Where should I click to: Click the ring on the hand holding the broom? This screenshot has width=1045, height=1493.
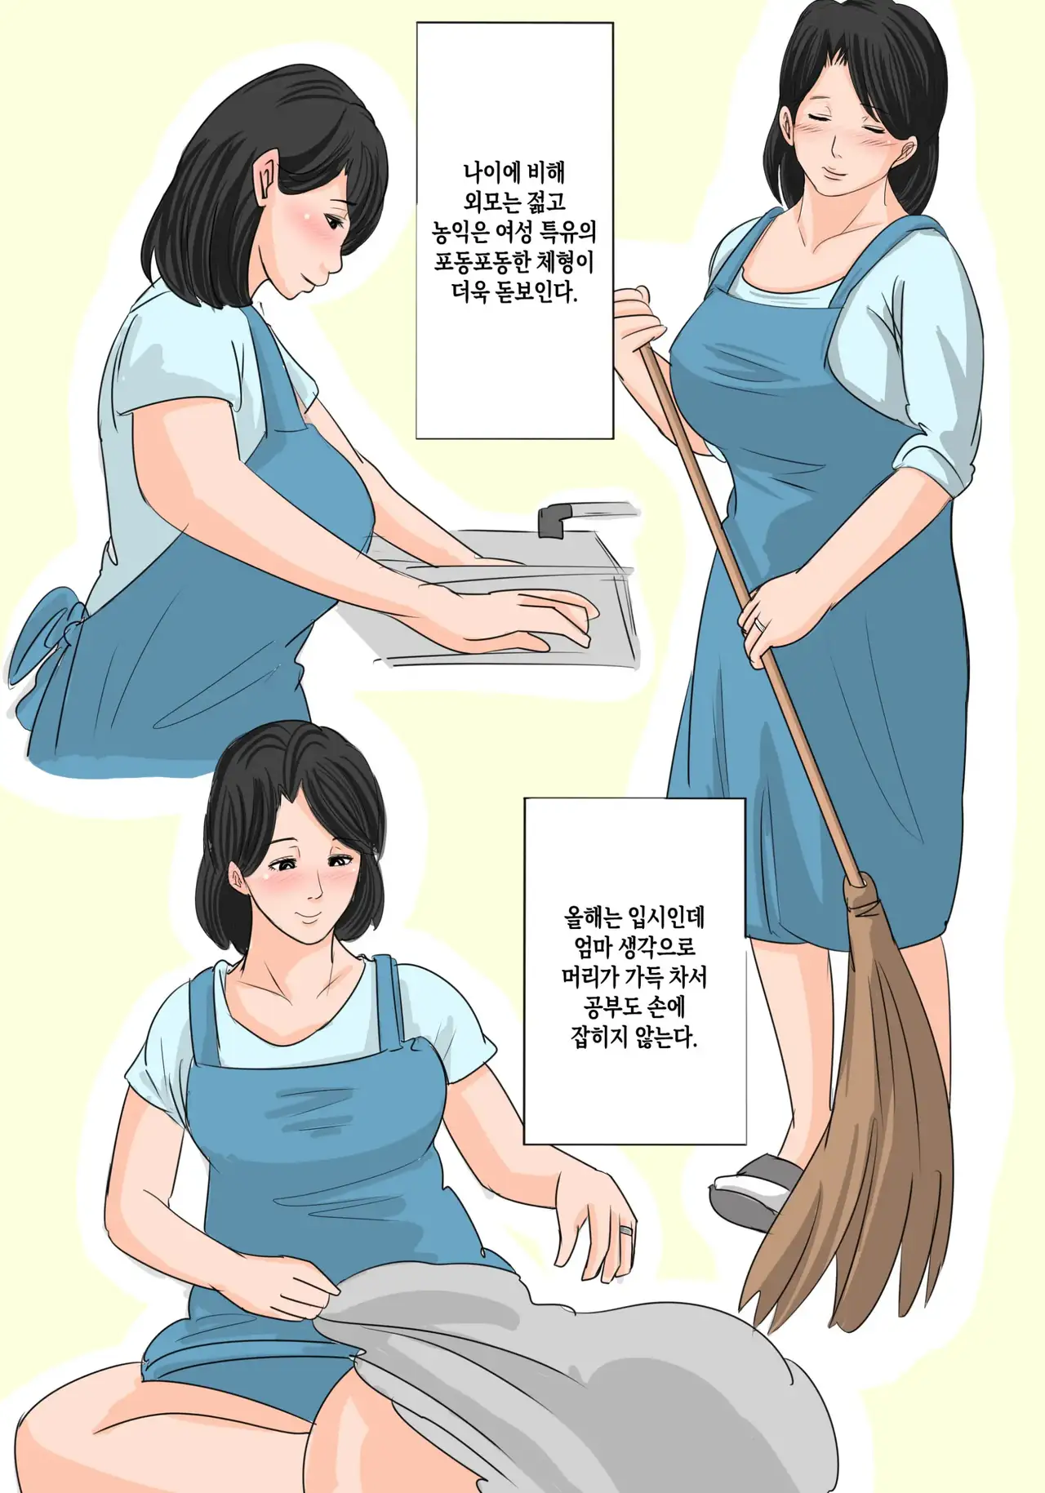[x=760, y=624]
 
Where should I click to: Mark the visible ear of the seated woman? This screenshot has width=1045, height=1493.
[x=237, y=880]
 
